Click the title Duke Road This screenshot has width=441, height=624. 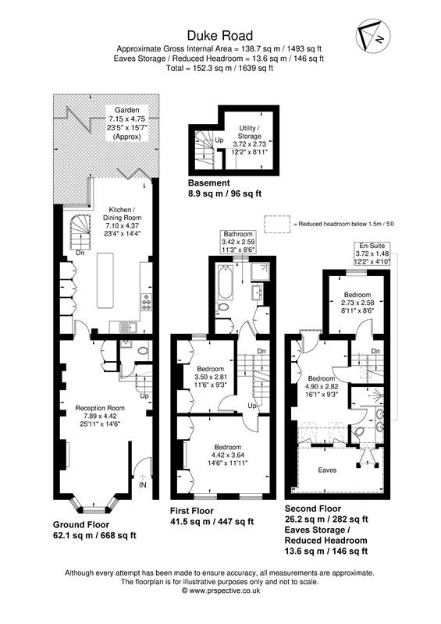point(219,34)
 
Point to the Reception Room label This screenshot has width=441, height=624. point(99,407)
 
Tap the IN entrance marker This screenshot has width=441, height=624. point(142,484)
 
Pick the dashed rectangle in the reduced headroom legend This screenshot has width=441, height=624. point(277,223)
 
